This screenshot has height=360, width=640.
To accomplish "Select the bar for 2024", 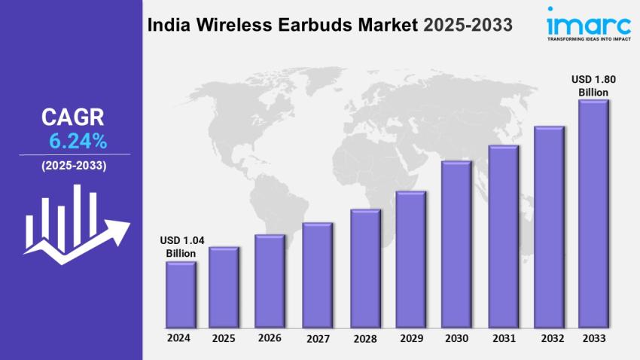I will pos(181,295).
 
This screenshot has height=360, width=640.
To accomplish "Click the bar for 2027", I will pos(317,276).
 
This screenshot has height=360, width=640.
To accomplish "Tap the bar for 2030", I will pos(456,245).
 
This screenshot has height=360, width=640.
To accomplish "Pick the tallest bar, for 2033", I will pos(593,215).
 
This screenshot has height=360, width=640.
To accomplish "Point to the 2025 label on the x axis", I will pos(224,337).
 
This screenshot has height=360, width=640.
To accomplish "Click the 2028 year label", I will pos(366,338).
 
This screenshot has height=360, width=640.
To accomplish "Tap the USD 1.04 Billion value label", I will pos(181,247).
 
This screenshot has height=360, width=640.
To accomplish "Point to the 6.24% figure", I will pos(78,140).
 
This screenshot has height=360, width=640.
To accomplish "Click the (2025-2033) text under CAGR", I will pos(74,165).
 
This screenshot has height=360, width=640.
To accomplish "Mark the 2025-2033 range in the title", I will pos(468,26).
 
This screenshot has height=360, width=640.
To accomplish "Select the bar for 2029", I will pos(411,260).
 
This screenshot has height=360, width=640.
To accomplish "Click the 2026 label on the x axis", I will pos(270,337).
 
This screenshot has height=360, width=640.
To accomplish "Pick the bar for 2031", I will pos(503,237).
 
